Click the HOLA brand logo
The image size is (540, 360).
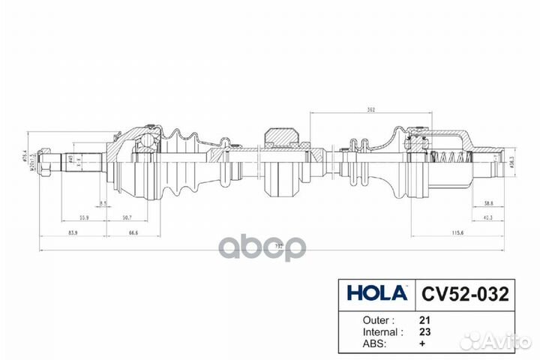click(x=376, y=292)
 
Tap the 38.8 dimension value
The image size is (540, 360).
click(x=488, y=202)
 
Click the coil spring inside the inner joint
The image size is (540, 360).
click(x=453, y=158)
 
